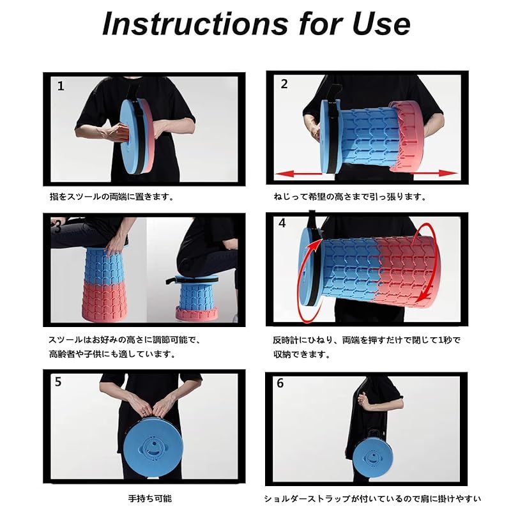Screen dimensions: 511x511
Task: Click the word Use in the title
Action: (381, 24)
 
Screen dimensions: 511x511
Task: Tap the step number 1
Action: (61, 86)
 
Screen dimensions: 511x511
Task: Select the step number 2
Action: (284, 84)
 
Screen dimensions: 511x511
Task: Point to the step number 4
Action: (282, 223)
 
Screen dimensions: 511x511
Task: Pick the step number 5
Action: (58, 381)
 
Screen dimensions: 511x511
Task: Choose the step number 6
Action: (280, 383)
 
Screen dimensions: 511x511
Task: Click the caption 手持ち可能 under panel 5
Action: (149, 498)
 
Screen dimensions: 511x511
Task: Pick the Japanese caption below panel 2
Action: (350, 197)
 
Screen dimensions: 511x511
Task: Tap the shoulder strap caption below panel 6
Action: (372, 498)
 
